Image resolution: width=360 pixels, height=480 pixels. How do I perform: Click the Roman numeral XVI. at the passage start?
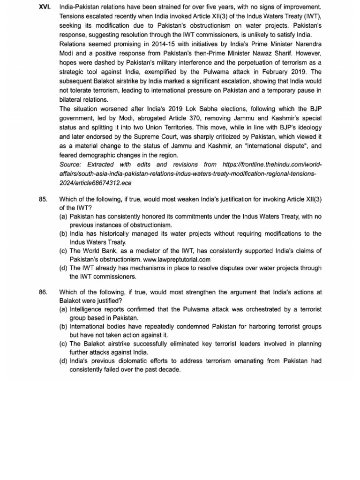pyautogui.click(x=45, y=7)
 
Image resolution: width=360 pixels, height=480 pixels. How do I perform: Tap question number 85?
pyautogui.click(x=44, y=199)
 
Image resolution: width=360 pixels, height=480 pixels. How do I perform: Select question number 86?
pyautogui.click(x=44, y=292)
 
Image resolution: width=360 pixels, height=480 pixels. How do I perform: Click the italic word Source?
pyautogui.click(x=72, y=165)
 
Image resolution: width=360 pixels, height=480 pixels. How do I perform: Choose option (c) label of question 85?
pyautogui.click(x=63, y=251)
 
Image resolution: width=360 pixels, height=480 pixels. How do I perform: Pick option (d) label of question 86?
pyautogui.click(x=63, y=361)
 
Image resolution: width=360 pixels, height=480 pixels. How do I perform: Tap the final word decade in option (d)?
pyautogui.click(x=170, y=370)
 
